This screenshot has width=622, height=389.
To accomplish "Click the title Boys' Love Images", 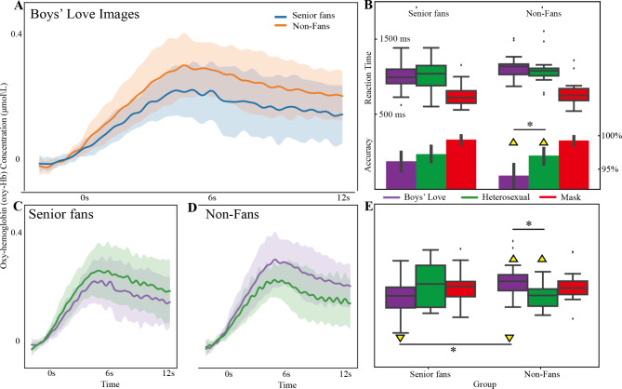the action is [85, 15].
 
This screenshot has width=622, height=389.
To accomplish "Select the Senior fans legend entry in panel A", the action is [305, 16].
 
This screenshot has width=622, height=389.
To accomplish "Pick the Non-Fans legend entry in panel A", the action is [303, 26].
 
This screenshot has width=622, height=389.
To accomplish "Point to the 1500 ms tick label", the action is [395, 39].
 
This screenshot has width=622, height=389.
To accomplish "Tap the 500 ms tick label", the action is [392, 114].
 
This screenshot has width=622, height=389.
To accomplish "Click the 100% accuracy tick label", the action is [611, 136].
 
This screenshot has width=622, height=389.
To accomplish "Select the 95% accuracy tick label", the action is [610, 169].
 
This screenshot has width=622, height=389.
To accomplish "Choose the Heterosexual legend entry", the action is [495, 197].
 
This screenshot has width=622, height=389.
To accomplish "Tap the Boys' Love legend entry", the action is [414, 197].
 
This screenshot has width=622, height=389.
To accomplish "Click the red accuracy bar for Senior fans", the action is [461, 164].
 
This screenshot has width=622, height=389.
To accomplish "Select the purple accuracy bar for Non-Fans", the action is [514, 182].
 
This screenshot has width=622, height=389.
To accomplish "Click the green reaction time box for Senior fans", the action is [430, 75].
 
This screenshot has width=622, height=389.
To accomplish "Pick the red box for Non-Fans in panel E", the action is [573, 288].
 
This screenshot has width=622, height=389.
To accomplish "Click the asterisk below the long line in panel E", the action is [453, 350].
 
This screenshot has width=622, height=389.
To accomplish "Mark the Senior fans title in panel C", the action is [61, 214].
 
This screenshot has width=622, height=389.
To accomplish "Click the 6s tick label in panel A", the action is [212, 197].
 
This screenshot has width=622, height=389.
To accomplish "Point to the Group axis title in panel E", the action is [484, 383].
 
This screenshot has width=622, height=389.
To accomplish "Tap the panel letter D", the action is [192, 208].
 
